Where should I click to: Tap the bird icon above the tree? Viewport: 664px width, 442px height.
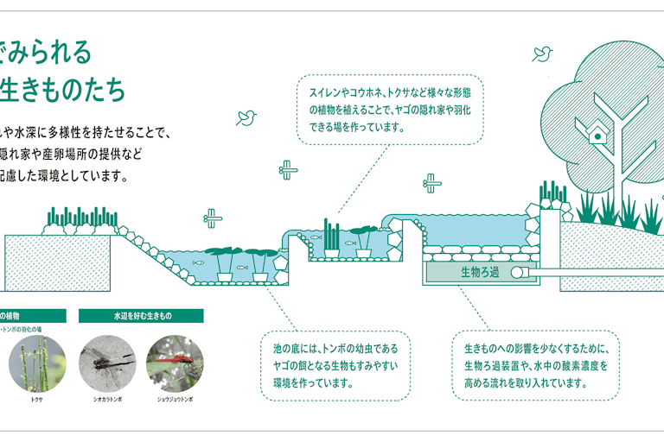point(543,54)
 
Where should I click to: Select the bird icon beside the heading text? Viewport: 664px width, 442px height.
point(248,116)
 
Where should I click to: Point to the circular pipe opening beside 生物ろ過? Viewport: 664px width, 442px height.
point(517,272)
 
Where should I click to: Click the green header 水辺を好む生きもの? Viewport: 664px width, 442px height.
point(141,316)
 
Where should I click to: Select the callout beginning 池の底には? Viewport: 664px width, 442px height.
point(335,365)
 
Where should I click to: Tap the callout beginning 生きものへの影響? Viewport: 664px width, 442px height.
point(537,365)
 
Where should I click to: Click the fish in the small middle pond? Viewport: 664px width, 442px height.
point(350,243)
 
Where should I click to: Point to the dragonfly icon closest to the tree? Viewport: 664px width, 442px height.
point(432,182)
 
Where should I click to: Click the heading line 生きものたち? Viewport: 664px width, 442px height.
point(65,90)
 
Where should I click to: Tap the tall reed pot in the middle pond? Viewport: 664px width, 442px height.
point(332,241)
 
